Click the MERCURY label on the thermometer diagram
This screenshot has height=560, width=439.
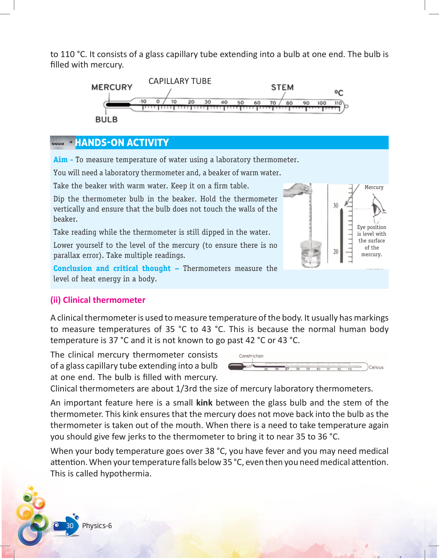pyautogui.click(x=112, y=87)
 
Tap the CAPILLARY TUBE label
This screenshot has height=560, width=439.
pyautogui.click(x=180, y=81)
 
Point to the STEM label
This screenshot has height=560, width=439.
pyautogui.click(x=282, y=87)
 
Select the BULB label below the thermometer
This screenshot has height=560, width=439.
pyautogui.click(x=106, y=120)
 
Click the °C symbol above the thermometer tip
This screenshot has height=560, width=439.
pyautogui.click(x=339, y=93)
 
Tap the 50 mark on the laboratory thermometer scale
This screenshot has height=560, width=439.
pyautogui.click(x=240, y=102)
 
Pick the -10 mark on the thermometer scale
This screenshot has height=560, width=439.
pyautogui.click(x=143, y=101)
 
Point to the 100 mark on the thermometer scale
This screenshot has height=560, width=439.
pyautogui.click(x=322, y=103)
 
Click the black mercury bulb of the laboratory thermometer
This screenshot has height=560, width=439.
pyautogui.click(x=117, y=105)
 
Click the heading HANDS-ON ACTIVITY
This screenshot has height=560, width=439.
pyautogui.click(x=122, y=143)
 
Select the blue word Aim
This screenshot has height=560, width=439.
pyautogui.click(x=60, y=159)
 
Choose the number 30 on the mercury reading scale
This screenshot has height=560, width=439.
pyautogui.click(x=336, y=205)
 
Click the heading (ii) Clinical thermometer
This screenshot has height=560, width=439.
pyautogui.click(x=98, y=300)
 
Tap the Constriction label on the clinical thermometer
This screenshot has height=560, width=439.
pyautogui.click(x=251, y=356)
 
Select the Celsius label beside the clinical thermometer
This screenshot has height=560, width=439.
pyautogui.click(x=376, y=367)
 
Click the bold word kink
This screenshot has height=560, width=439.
pyautogui.click(x=204, y=403)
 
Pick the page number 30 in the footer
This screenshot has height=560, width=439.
pyautogui.click(x=70, y=526)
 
